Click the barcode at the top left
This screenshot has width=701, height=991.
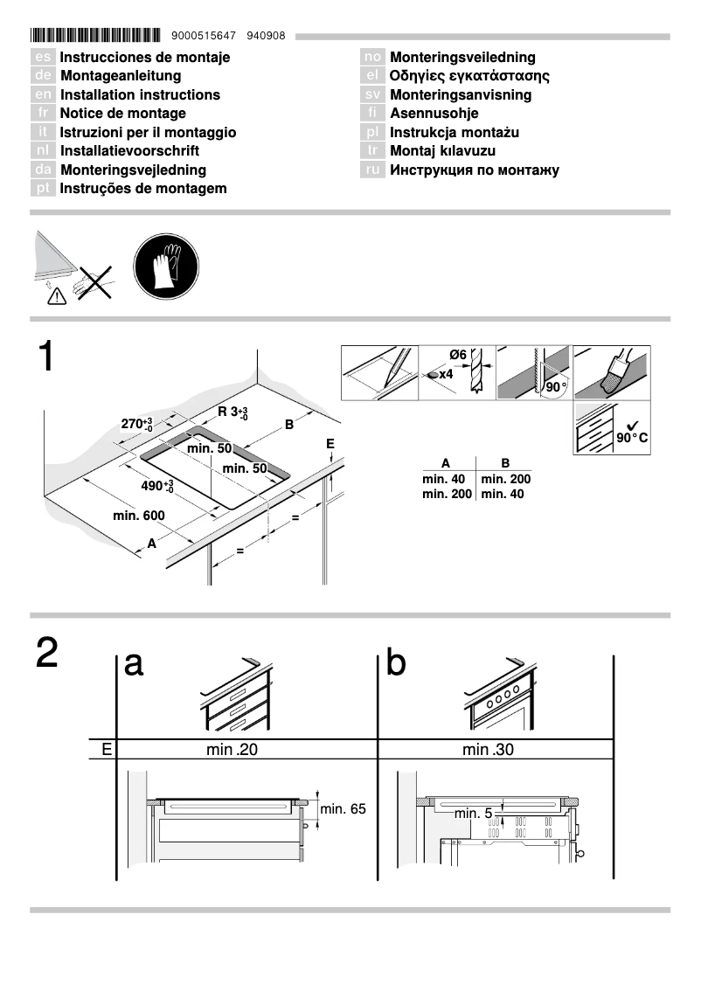95,36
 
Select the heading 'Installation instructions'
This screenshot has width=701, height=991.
140,94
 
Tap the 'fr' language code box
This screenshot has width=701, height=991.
43,114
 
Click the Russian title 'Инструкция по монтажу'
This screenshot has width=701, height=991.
474,170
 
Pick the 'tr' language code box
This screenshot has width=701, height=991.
373,151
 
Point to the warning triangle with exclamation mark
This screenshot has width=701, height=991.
57,296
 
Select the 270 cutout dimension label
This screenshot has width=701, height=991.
136,425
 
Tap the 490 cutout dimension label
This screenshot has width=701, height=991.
157,486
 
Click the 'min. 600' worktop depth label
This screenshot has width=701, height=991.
138,516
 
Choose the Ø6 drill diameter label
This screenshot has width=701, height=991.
458,354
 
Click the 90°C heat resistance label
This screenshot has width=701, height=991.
631,437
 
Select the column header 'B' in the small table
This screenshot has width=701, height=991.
505,463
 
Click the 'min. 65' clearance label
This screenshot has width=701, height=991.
343,809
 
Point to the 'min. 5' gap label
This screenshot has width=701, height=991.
475,813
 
